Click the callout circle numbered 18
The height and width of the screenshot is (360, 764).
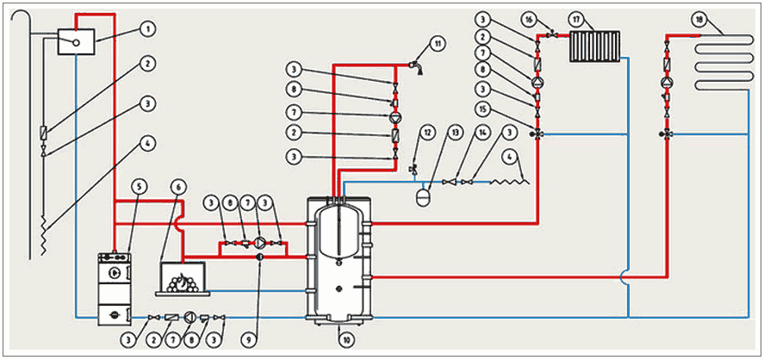[700, 17]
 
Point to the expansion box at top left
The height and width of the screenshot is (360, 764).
[76, 40]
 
